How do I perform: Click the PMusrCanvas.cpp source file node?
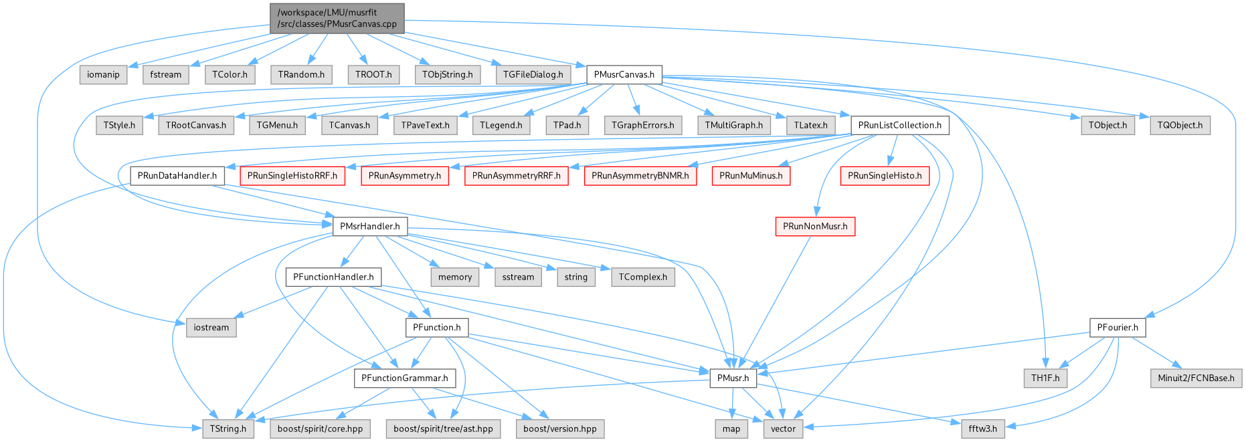(337, 18)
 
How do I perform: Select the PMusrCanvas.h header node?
(624, 74)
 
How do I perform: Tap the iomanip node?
(103, 74)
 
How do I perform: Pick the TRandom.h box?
(301, 74)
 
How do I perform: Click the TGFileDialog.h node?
(533, 74)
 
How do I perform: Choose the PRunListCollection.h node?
(899, 125)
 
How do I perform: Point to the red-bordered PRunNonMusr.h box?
(815, 226)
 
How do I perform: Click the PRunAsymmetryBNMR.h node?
(640, 176)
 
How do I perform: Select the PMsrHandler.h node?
(369, 226)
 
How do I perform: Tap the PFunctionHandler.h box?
(333, 277)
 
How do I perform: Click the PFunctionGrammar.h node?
(404, 378)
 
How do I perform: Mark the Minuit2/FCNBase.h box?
(1196, 378)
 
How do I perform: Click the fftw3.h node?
(982, 429)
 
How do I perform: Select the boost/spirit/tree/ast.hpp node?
(443, 429)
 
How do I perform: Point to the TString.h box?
(228, 429)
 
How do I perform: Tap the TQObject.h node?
(1180, 125)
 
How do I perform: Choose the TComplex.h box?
(642, 277)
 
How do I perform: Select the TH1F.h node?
(1045, 378)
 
